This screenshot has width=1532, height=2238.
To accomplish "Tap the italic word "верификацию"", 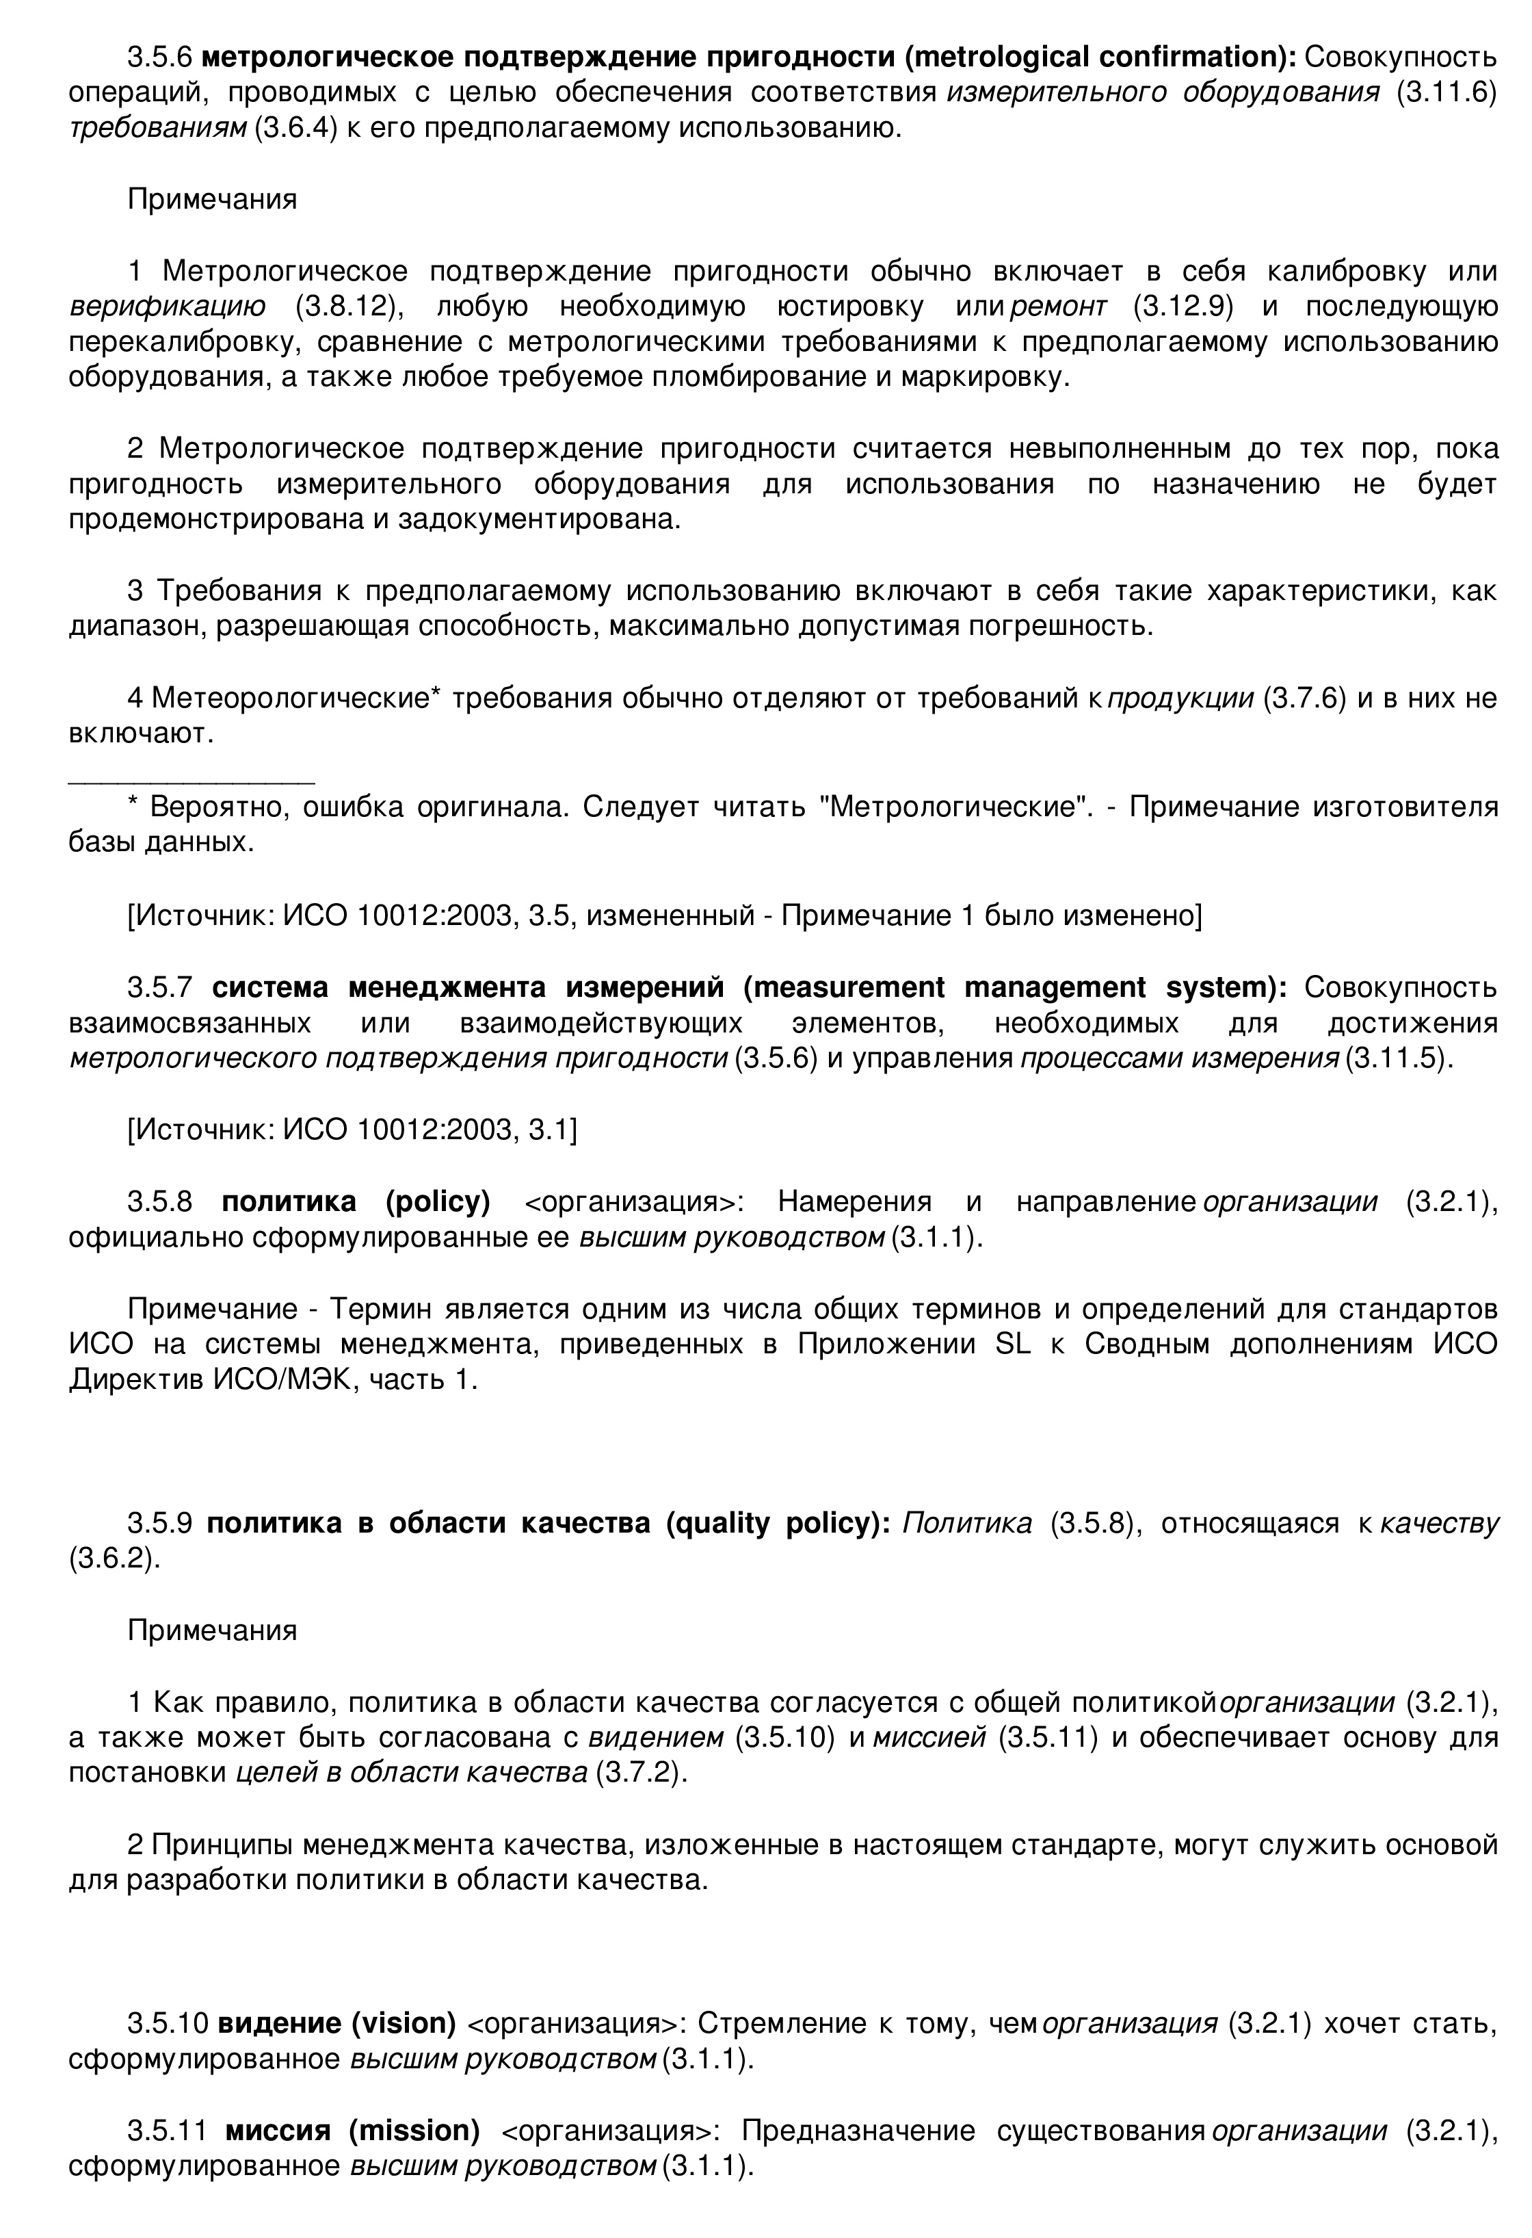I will tap(168, 307).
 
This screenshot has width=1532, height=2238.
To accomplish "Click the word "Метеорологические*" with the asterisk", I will tap(297, 697).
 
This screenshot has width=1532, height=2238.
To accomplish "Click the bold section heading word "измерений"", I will tap(644, 987).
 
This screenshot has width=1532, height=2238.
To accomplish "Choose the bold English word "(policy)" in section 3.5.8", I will tap(438, 1202).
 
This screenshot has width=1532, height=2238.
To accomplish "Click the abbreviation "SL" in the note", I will tap(1012, 1344).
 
